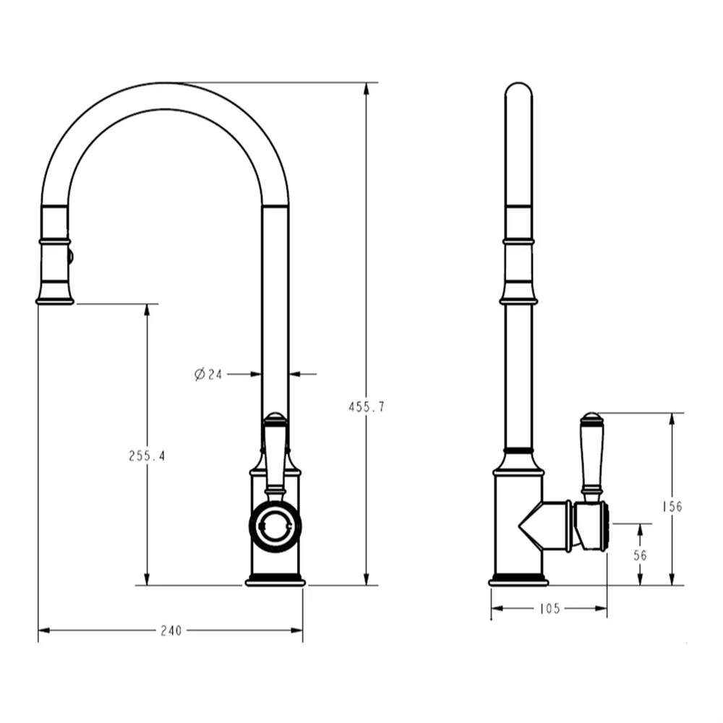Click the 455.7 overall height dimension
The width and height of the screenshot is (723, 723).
pyautogui.click(x=367, y=407)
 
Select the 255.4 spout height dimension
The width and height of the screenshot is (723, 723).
pyautogui.click(x=147, y=456)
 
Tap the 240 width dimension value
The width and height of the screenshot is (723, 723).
pyautogui.click(x=170, y=630)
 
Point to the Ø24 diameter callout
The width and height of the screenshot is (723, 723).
pyautogui.click(x=208, y=375)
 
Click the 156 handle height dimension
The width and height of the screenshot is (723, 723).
pyautogui.click(x=672, y=507)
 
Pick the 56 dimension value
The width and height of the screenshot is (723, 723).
pyautogui.click(x=640, y=555)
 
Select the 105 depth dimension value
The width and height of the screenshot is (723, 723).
pyautogui.click(x=549, y=609)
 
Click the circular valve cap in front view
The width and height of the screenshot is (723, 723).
pyautogui.click(x=275, y=526)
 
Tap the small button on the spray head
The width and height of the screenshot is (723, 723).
pyautogui.click(x=70, y=255)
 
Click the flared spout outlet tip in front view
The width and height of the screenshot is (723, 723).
pyautogui.click(x=55, y=298)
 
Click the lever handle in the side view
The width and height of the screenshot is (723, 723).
pyautogui.click(x=591, y=455)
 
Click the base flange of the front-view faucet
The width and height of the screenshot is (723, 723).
pyautogui.click(x=275, y=581)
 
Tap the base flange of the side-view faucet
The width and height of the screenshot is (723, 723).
pyautogui.click(x=518, y=581)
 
